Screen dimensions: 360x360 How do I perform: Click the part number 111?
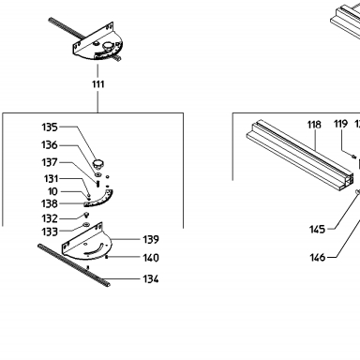click(x=97, y=84)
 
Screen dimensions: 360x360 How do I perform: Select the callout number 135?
click(x=50, y=127)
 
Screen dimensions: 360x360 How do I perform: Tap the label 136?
click(x=50, y=145)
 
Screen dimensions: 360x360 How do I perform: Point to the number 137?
click(x=50, y=162)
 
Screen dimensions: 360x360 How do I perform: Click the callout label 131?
click(x=51, y=179)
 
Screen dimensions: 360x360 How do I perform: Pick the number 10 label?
click(x=52, y=191)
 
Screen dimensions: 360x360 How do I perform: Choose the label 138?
click(x=50, y=203)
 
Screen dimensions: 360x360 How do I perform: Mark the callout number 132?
click(x=50, y=218)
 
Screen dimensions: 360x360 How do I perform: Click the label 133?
click(x=50, y=232)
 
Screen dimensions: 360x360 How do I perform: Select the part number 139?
click(x=151, y=240)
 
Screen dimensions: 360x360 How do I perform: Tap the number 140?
click(x=151, y=258)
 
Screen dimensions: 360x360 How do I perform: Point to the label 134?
click(x=151, y=278)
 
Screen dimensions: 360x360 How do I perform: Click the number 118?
click(x=314, y=125)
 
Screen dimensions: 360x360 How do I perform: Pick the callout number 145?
click(x=317, y=230)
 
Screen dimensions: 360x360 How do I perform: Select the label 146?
click(x=318, y=258)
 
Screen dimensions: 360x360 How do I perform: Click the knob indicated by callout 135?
click(x=98, y=163)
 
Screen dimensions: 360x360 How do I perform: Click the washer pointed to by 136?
click(x=97, y=173)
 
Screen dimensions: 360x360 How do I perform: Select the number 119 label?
click(x=340, y=124)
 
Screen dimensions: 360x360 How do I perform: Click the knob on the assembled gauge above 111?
click(x=108, y=46)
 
